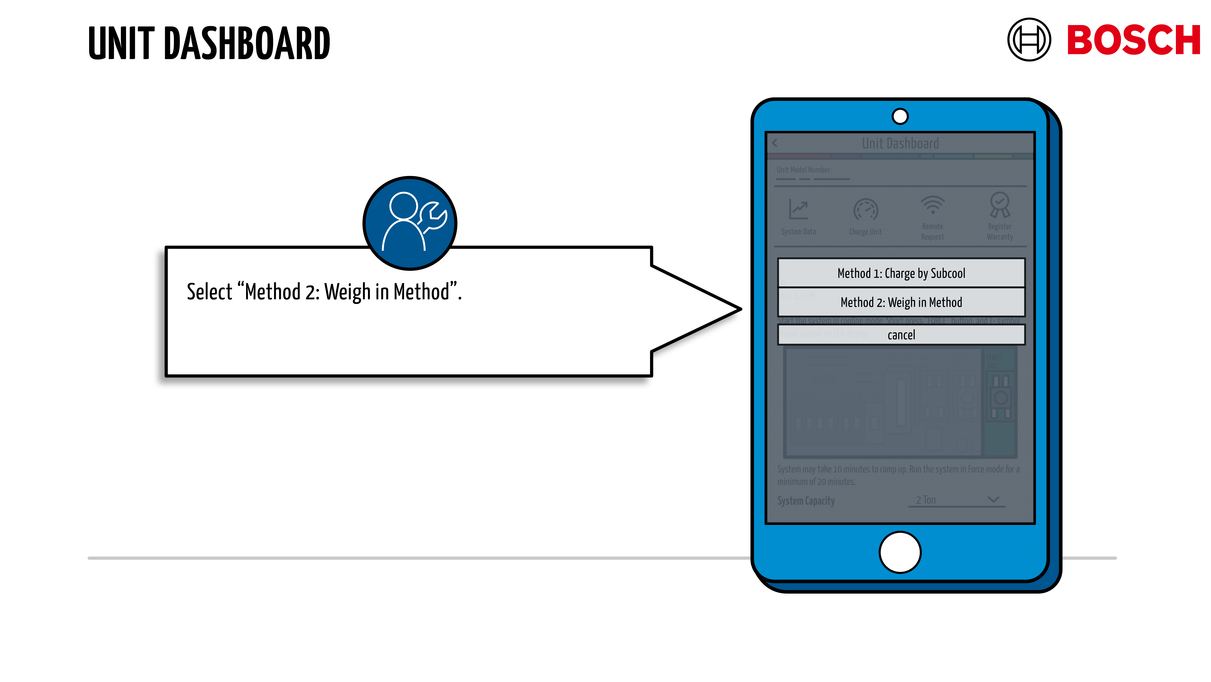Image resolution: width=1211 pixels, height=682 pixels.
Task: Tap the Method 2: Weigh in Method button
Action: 901,302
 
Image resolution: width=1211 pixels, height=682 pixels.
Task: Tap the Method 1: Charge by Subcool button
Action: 901,273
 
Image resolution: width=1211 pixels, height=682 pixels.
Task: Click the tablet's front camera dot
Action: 900,116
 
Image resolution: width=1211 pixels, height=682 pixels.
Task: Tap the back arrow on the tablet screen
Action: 775,143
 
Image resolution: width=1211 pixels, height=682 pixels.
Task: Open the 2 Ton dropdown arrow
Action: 993,499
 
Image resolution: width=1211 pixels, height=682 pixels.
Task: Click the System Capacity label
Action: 806,501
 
